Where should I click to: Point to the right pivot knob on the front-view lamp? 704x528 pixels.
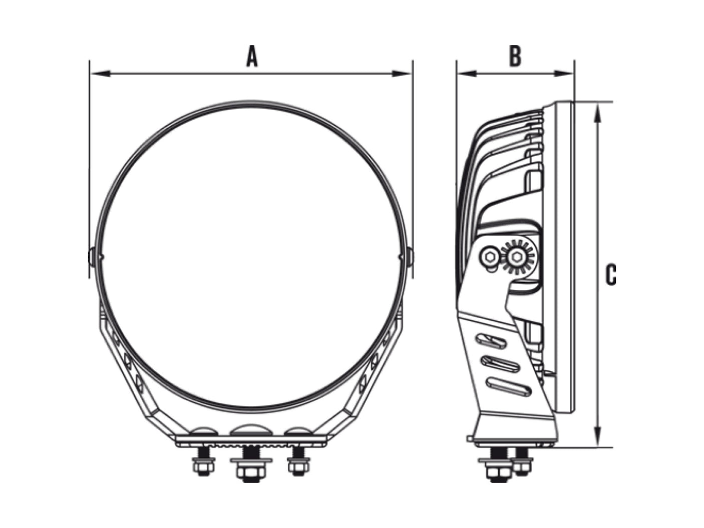tap(410, 257)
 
